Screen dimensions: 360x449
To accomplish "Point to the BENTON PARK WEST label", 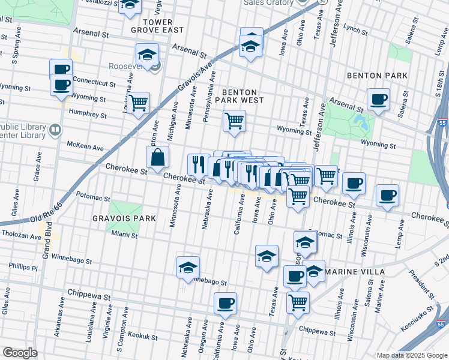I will coord(243,96).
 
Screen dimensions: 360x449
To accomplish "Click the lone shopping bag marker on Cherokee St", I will coord(157,158).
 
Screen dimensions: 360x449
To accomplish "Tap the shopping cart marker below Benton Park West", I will coord(234,121).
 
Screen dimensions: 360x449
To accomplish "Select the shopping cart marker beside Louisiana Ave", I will coord(138,103).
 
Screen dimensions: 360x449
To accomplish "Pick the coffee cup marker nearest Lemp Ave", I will coord(387,195).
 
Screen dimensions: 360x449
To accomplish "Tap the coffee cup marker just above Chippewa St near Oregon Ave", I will coord(225,303).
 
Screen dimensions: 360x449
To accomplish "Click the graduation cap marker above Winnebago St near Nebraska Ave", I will coord(188,267).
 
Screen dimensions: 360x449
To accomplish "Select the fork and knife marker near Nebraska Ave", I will coord(198,164).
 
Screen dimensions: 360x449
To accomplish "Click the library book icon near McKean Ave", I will coord(55,130).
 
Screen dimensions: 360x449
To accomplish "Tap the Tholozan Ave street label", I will coord(20,235).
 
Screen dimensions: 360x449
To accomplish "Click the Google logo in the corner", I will coord(20,352).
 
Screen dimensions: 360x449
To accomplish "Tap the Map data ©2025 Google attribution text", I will coord(411,355).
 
